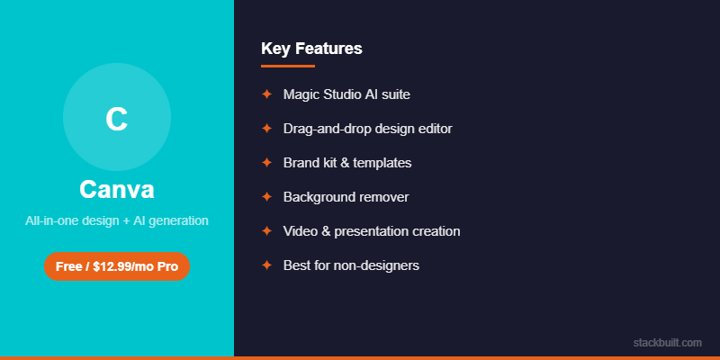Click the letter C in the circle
click(116, 119)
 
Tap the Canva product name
click(117, 190)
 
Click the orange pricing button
click(117, 266)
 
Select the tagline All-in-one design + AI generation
click(117, 220)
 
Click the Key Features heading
click(311, 49)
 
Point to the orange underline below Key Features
click(288, 66)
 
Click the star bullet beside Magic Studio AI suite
click(266, 94)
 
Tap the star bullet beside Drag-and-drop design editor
click(266, 128)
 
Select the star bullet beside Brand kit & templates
click(266, 162)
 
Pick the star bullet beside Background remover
click(266, 196)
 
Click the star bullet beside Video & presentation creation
click(266, 230)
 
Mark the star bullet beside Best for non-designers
click(266, 265)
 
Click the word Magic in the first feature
click(301, 94)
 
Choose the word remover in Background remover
click(383, 197)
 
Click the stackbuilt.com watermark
click(667, 342)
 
